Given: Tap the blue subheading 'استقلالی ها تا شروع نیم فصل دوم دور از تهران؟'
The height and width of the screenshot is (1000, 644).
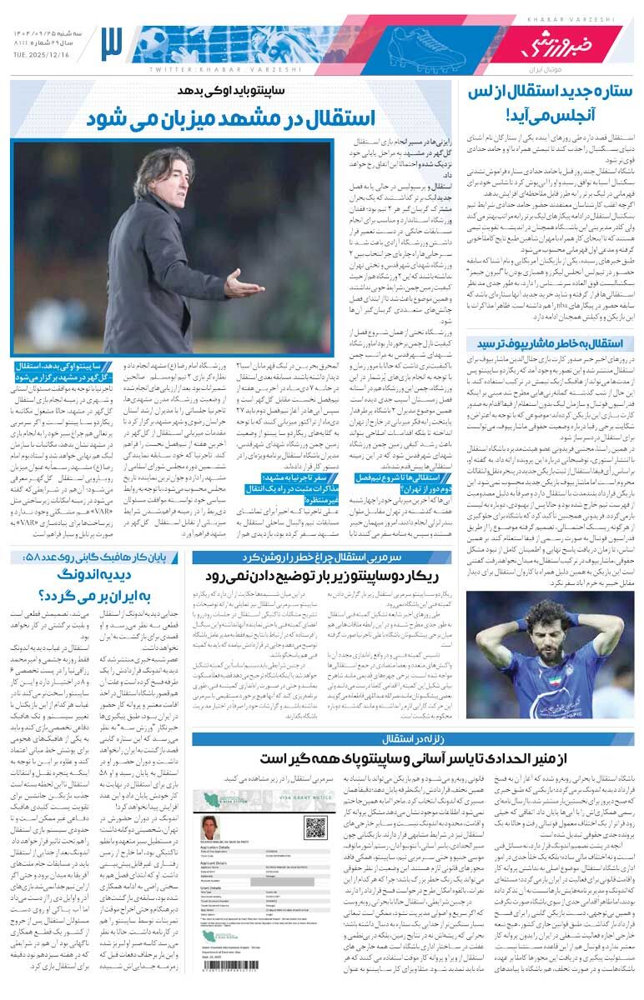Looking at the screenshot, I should tap(390, 483).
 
